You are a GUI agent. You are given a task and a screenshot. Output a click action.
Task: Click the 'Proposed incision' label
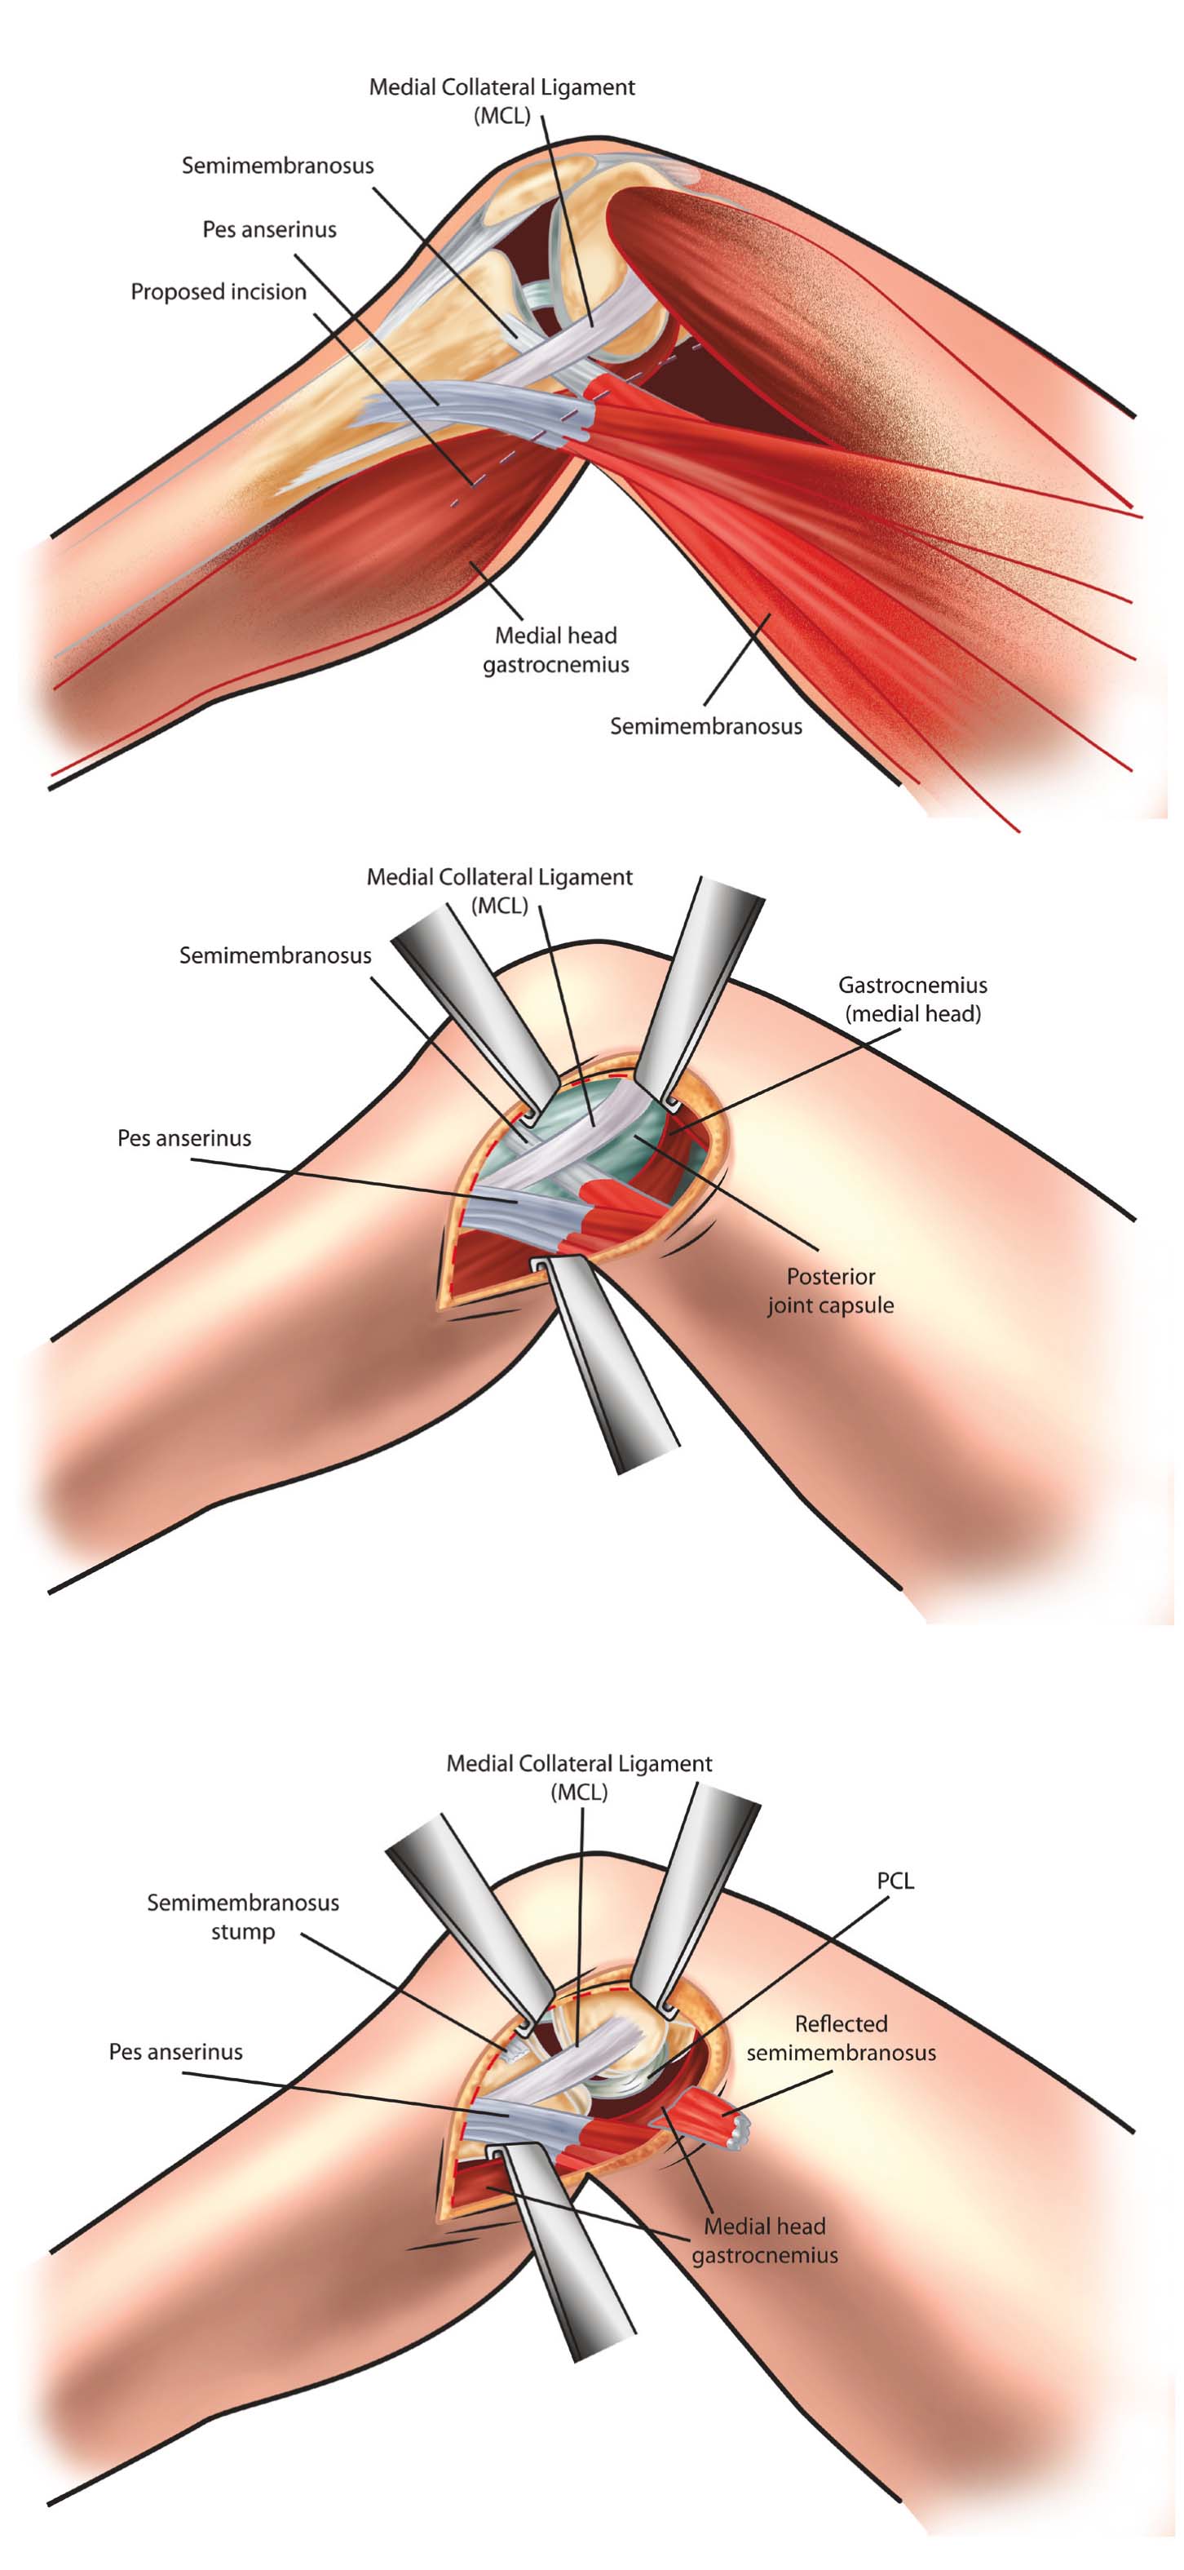point(219,292)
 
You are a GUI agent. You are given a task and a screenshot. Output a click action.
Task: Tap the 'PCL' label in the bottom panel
point(895,1881)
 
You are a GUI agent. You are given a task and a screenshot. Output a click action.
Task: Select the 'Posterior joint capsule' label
point(830,1291)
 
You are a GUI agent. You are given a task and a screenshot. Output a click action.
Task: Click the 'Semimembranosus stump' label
point(242,1916)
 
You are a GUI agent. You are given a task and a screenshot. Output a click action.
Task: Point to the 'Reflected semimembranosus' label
point(841,2038)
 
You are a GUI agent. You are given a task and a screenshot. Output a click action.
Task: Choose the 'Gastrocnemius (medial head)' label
point(912,999)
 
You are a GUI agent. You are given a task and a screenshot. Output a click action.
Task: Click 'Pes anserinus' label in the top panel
point(269,229)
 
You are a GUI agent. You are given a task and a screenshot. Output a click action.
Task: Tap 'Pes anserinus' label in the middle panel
point(183,1138)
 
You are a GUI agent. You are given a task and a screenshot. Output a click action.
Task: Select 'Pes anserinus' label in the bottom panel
point(175,2051)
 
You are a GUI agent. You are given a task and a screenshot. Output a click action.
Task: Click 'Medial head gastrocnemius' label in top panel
point(555,649)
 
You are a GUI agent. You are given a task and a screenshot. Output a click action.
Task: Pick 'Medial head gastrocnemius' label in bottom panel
point(764,2240)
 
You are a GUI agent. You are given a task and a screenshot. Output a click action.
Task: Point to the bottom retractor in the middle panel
point(607,1367)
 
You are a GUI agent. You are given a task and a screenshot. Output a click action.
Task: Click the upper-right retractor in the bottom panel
point(698,1895)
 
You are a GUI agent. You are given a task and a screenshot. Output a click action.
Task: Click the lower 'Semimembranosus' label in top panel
point(705,726)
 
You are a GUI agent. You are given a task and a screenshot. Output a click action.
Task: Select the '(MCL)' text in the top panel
point(501,116)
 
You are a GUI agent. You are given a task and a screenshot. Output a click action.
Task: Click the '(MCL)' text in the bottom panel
point(578,1792)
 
